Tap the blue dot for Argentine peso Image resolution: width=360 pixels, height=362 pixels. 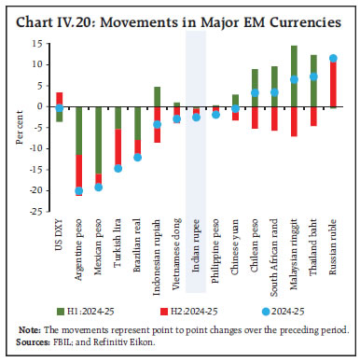point(78,190)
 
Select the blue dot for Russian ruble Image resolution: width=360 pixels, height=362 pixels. point(334,59)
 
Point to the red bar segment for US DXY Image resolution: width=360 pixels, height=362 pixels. point(59,99)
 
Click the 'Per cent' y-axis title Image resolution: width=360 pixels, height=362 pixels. point(20,127)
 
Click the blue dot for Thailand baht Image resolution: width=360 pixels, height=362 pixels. point(314,77)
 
